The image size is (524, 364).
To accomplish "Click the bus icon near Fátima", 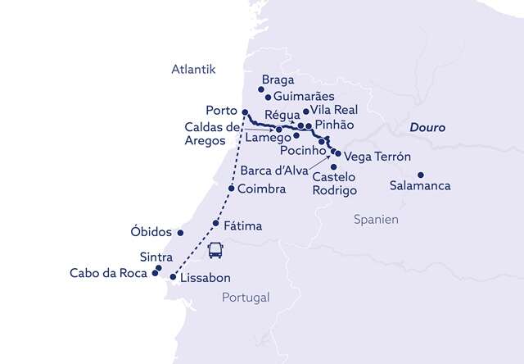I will click(216, 250).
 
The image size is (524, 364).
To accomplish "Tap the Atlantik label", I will click(193, 70).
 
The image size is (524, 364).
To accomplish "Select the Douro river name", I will click(427, 129).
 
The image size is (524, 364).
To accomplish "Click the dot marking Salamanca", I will click(420, 175).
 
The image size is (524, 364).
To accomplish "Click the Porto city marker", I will click(245, 112).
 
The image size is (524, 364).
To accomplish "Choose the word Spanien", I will click(376, 220).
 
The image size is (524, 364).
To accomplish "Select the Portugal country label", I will click(245, 298).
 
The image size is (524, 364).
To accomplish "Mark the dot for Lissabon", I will click(173, 276).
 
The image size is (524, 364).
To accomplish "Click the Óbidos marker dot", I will click(180, 232).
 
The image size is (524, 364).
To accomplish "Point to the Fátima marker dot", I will click(215, 223).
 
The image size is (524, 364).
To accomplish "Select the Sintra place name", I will click(133, 257).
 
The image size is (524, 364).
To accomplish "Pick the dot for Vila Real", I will click(305, 111).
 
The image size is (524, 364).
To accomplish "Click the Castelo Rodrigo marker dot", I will click(333, 167).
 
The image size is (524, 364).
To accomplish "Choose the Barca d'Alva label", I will click(274, 171).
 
